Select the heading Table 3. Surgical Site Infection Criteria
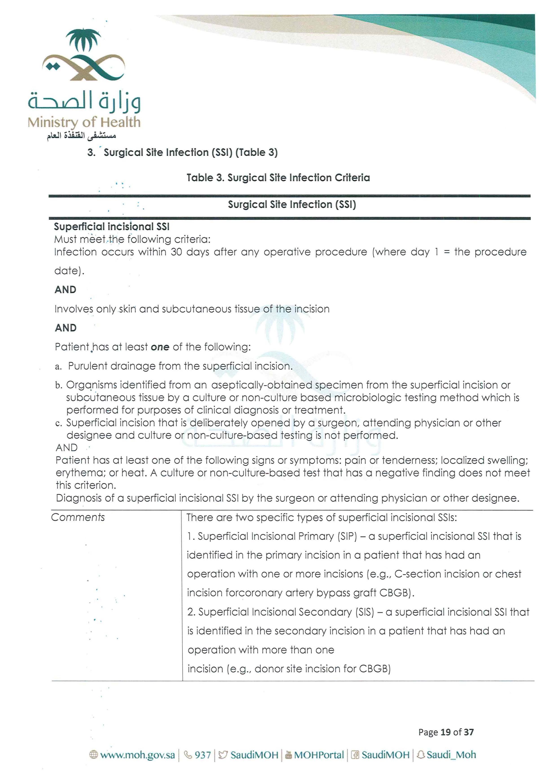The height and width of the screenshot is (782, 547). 278,178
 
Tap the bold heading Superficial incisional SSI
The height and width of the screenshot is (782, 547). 112,226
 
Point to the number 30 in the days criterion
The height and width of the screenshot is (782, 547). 176,252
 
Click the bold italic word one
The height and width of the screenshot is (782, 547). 160,347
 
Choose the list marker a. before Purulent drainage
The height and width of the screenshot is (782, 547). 58,367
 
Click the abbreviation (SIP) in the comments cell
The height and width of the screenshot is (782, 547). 347,536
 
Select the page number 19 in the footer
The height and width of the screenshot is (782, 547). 446,732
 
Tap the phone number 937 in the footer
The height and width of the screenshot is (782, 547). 203,755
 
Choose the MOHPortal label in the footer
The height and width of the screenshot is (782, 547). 319,755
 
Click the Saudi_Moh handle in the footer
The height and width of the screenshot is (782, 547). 451,755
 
